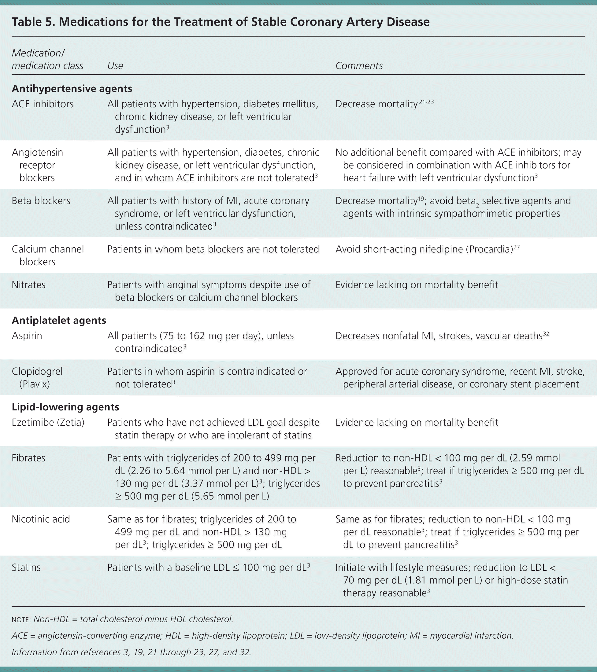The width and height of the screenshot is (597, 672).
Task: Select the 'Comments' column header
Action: (x=359, y=66)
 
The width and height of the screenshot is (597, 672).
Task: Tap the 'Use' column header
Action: (x=115, y=66)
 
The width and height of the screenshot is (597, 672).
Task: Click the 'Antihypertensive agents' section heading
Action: (x=72, y=89)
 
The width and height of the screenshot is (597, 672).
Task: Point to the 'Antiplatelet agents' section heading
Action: (x=59, y=321)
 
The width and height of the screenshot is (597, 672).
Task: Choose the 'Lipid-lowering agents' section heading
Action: (x=65, y=407)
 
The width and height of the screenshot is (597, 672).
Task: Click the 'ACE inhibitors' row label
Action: (x=43, y=104)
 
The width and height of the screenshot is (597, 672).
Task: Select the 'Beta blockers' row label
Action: (x=41, y=201)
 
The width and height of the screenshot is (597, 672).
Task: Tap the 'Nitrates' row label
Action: (x=29, y=285)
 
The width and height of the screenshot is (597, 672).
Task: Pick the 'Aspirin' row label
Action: (x=27, y=336)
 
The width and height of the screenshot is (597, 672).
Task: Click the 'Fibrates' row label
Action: (x=28, y=458)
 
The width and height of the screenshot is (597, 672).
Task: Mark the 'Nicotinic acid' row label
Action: (x=41, y=519)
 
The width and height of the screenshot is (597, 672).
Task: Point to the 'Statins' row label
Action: (x=26, y=567)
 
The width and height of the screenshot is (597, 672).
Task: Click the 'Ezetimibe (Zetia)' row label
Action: (x=48, y=422)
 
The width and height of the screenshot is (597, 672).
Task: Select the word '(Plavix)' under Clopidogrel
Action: (x=35, y=384)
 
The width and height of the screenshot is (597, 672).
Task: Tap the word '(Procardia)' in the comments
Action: (x=489, y=249)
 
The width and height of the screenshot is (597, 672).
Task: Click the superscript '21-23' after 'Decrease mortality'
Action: (x=426, y=102)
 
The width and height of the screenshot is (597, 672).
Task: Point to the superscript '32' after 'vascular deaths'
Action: (x=546, y=334)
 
